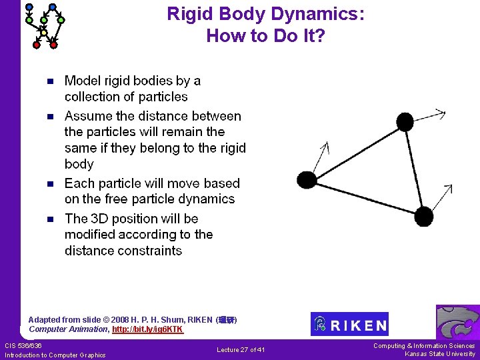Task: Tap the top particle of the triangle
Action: click(x=405, y=121)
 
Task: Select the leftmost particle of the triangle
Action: click(x=307, y=179)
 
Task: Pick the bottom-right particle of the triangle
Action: click(x=423, y=216)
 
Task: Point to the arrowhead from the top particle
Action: click(x=441, y=113)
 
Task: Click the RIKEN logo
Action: click(x=349, y=324)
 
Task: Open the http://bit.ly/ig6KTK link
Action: click(x=147, y=329)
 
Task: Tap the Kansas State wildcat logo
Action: click(x=457, y=323)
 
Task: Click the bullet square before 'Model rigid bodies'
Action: click(x=49, y=82)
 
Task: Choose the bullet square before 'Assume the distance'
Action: click(x=49, y=117)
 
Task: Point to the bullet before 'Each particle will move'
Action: click(x=49, y=184)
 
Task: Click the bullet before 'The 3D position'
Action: click(x=49, y=219)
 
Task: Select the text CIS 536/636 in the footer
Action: click(x=23, y=345)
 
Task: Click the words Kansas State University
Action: click(x=440, y=354)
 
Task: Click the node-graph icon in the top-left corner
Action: click(x=45, y=25)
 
